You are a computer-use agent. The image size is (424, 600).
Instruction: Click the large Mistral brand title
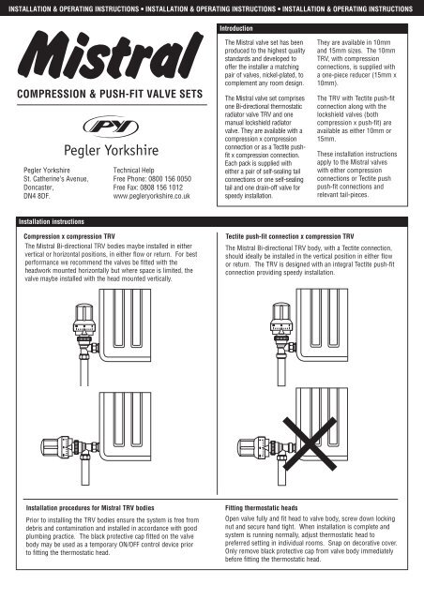tap(111, 54)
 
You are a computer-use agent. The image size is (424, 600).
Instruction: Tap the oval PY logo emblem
tap(111, 127)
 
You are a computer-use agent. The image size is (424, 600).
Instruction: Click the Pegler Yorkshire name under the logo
tap(111, 150)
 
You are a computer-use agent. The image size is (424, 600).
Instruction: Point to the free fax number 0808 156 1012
tap(161, 187)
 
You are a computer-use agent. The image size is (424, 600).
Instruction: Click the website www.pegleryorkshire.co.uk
tap(151, 196)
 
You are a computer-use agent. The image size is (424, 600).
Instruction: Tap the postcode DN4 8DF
tap(37, 196)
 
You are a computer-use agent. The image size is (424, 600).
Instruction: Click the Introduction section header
tap(236, 28)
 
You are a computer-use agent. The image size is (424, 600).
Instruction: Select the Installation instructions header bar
tap(52, 221)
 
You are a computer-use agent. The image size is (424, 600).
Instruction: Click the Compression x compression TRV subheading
tap(69, 236)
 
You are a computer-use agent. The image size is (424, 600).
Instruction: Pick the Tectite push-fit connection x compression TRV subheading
tap(290, 236)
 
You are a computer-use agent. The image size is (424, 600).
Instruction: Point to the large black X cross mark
tap(310, 443)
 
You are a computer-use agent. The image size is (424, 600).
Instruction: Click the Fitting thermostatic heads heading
tap(261, 508)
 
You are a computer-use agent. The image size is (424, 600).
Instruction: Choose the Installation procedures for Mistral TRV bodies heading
tap(90, 508)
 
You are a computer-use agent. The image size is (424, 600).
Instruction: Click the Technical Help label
tap(134, 171)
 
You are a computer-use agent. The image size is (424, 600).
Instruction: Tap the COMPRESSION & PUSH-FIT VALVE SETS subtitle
tap(110, 94)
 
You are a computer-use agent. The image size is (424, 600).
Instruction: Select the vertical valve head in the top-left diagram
tap(84, 319)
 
